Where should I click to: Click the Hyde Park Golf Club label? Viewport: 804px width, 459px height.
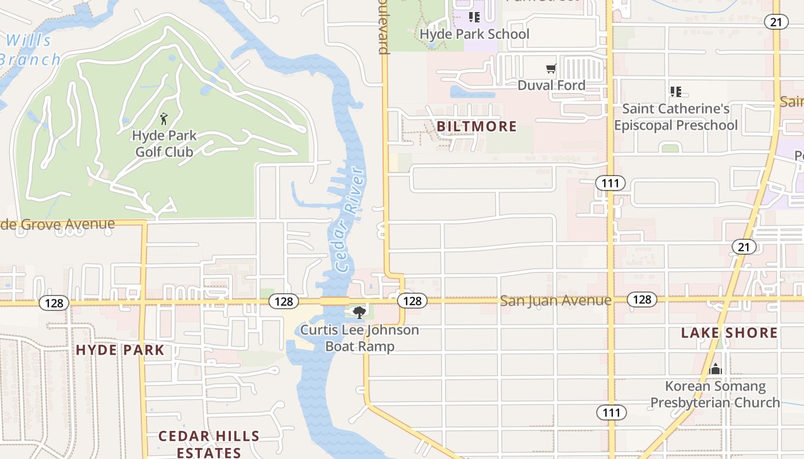point(164,144)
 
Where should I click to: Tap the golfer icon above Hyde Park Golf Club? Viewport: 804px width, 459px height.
point(164,119)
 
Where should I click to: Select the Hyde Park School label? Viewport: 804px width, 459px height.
point(474,34)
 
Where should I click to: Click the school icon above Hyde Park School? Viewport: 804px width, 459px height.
point(474,17)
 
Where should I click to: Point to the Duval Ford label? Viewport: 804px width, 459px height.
point(551,85)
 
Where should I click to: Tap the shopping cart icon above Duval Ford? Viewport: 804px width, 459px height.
point(551,69)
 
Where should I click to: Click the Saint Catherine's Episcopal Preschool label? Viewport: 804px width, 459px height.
point(676,117)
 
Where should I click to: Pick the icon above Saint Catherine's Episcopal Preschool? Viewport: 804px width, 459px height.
point(676,92)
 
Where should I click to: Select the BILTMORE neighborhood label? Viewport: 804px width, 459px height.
point(477,126)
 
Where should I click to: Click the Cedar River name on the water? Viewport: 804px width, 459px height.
point(349,220)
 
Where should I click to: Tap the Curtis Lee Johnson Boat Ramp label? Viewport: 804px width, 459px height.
point(360,338)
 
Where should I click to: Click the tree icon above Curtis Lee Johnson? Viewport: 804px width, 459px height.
point(360,313)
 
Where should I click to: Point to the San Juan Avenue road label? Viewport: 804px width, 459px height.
point(555,301)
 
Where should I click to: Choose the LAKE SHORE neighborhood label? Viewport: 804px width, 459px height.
point(729,333)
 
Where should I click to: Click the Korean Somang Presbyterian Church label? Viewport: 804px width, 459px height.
point(715,394)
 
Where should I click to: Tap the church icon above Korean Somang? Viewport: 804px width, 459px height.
point(715,369)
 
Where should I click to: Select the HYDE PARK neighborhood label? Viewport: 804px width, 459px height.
point(120,350)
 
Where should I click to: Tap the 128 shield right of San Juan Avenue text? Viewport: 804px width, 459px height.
point(642,299)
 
